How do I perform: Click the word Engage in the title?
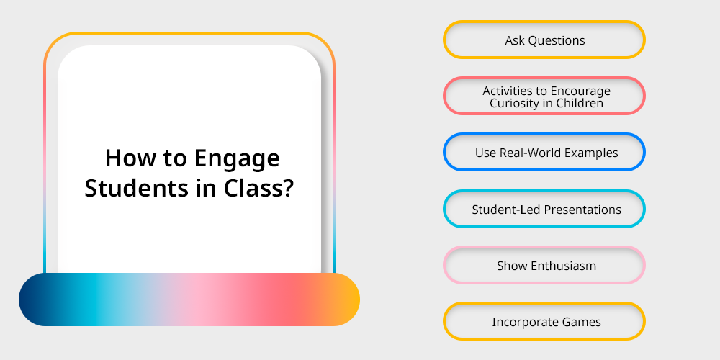tap(237, 159)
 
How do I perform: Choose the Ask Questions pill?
tap(544, 40)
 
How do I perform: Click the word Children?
tap(580, 103)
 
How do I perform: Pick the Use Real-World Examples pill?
tap(544, 152)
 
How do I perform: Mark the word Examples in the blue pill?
tap(591, 153)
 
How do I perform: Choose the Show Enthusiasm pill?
tap(544, 265)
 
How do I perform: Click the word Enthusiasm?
tap(564, 266)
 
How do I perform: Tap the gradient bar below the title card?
tap(189, 300)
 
